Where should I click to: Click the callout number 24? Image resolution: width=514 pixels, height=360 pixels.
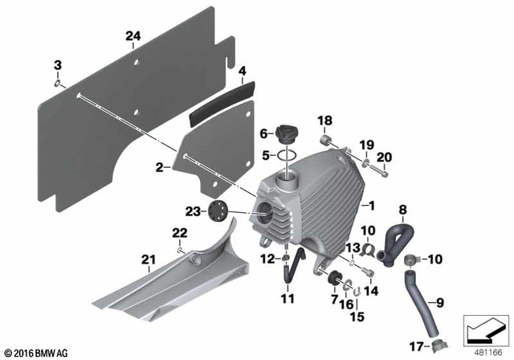133,35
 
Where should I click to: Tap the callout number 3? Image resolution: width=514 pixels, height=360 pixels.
57,64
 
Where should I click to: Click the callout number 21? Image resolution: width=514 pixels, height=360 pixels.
146,259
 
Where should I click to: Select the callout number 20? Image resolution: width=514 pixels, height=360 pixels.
384,157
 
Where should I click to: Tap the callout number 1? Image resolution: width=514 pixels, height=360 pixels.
370,207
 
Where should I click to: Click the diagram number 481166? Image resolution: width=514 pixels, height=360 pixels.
485,351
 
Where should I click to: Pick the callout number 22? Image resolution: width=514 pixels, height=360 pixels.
178,232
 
